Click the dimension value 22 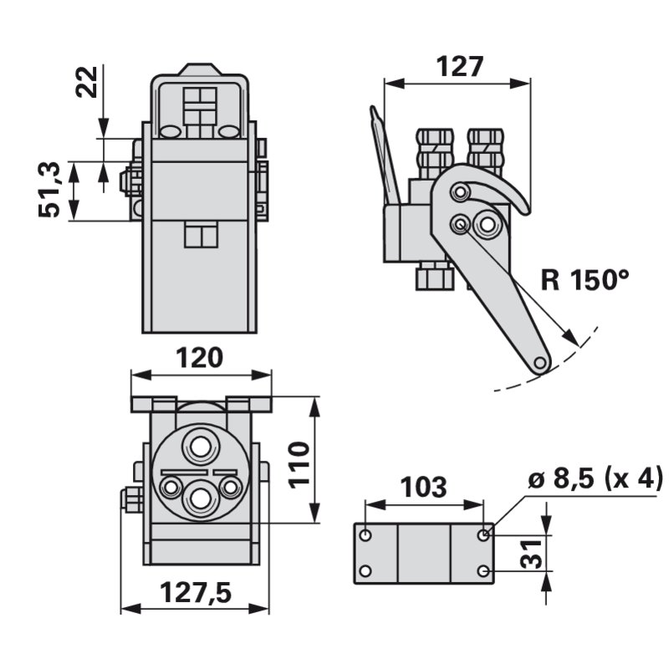point(87,81)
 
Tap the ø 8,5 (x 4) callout point(596,480)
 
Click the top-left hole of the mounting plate point(365,533)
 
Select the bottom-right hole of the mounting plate point(485,570)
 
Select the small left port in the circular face point(172,486)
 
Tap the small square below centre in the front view point(201,236)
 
